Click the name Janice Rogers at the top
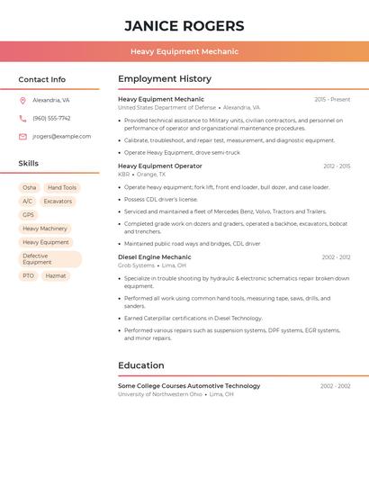click(184, 25)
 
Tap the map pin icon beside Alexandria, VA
click(22, 101)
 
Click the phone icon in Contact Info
click(22, 118)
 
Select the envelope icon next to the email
click(22, 137)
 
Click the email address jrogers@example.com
click(61, 137)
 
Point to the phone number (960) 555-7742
click(51, 118)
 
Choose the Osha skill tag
click(30, 188)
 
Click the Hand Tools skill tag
click(62, 188)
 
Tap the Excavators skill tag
click(58, 202)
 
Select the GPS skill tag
click(28, 215)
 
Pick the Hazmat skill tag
click(56, 276)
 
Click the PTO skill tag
click(28, 276)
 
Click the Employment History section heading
click(165, 79)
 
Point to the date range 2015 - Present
click(332, 99)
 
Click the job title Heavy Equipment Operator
click(160, 166)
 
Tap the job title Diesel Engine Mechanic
click(155, 257)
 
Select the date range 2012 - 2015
click(337, 166)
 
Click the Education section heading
click(141, 365)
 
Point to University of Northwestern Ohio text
click(160, 394)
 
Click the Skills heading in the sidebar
click(29, 164)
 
